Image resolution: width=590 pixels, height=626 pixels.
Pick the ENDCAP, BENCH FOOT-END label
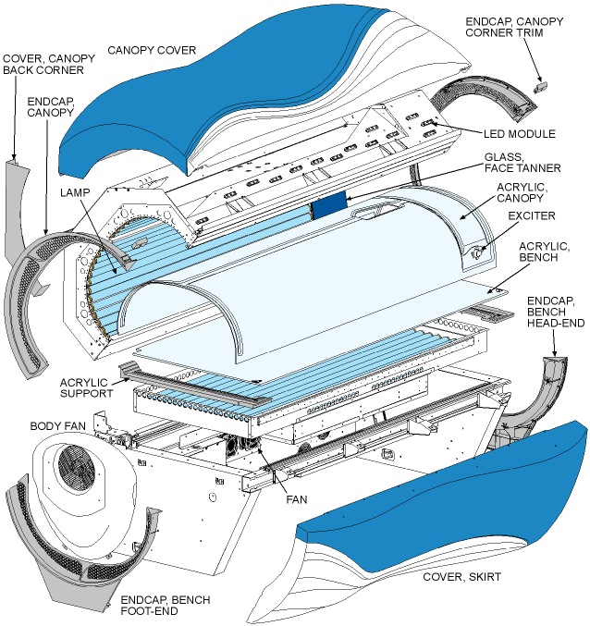click(x=166, y=606)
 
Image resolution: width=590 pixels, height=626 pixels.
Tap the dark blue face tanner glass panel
click(x=327, y=205)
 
